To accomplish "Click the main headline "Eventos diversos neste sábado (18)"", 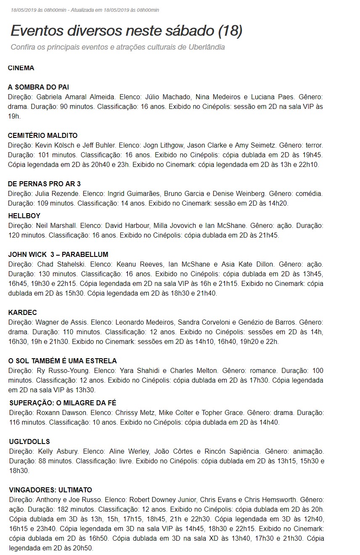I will coord(126,31).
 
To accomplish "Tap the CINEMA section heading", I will coord(21,68).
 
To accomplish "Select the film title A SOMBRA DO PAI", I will coord(38,87).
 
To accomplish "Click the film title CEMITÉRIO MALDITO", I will coord(43,135).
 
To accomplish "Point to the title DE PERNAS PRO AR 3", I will coord(44,184).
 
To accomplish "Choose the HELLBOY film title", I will coord(24,216).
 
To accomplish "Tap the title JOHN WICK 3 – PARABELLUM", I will coord(58,254).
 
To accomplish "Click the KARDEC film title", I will coord(23,312).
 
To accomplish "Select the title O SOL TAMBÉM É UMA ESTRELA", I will coord(63,361).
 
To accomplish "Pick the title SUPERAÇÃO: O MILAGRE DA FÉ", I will coord(63,403).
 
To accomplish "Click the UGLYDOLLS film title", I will coord(29,441).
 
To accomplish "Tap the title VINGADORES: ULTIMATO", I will coord(50,490).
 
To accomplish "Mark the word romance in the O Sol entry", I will coord(263,371).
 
